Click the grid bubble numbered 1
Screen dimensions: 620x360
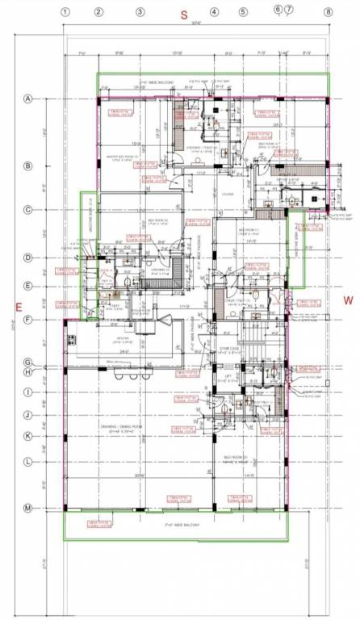65,12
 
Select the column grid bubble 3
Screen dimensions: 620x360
140,12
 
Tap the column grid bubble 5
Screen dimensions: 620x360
243,12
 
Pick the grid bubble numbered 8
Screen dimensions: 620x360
329,12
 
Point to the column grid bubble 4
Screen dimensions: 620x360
215,12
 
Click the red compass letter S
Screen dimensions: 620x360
183,15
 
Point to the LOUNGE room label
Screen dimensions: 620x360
228,193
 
